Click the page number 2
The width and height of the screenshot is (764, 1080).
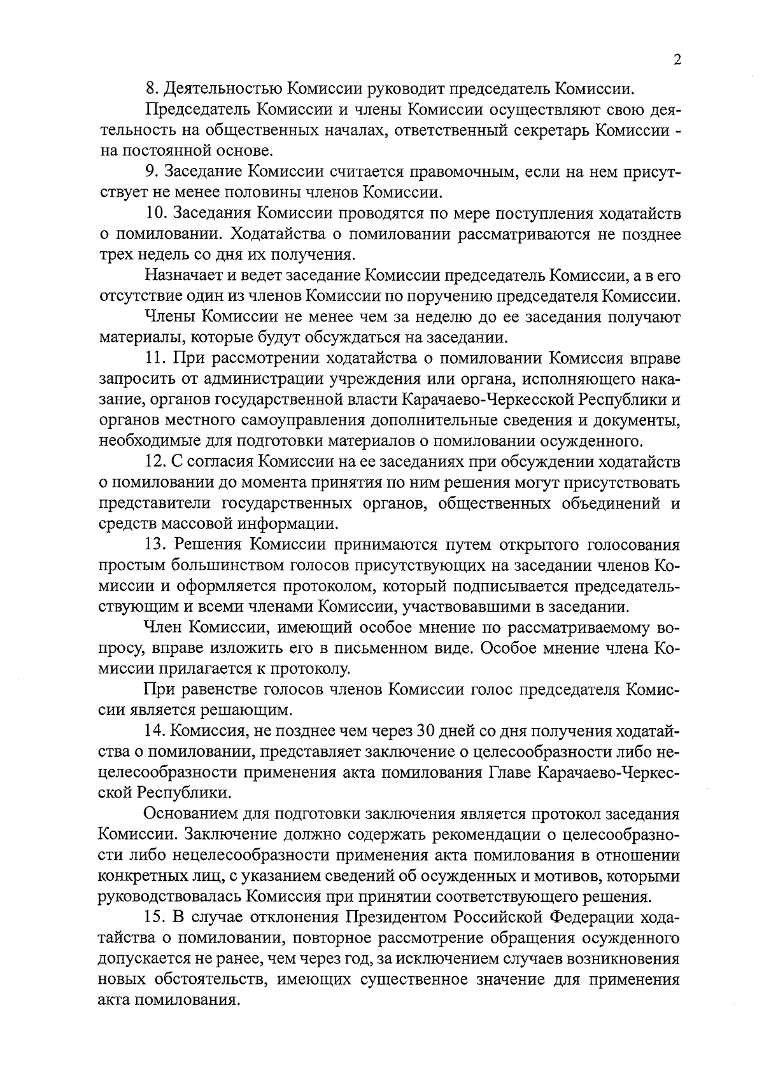click(x=677, y=60)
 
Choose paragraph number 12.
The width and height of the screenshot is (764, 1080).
click(x=155, y=461)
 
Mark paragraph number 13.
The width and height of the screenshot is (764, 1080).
click(x=155, y=545)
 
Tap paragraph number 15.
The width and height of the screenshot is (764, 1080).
click(x=155, y=918)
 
